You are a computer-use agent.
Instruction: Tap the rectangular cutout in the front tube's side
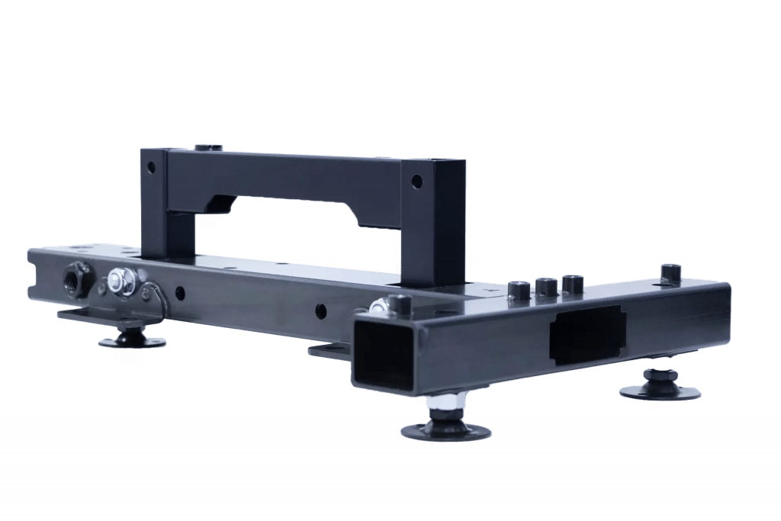click(x=587, y=336)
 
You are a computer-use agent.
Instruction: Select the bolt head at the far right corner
click(x=670, y=272)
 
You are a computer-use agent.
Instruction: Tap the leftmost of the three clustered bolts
click(x=519, y=290)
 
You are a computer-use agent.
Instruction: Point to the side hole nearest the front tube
click(x=321, y=310)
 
